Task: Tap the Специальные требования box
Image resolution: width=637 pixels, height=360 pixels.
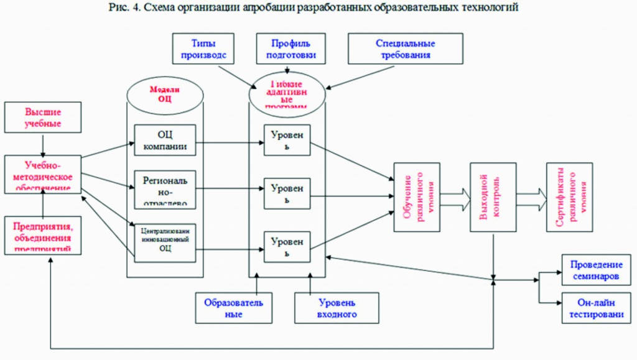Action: pyautogui.click(x=405, y=50)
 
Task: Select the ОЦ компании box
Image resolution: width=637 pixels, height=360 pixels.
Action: pyautogui.click(x=165, y=139)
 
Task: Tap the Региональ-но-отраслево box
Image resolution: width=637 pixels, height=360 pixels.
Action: pyautogui.click(x=165, y=188)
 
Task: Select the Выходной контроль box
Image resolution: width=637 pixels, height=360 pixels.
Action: pyautogui.click(x=493, y=197)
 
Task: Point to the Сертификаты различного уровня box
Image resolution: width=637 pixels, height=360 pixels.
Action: pyautogui.click(x=569, y=197)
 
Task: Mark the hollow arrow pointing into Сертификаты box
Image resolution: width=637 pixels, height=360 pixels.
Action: pyautogui.click(x=531, y=196)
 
